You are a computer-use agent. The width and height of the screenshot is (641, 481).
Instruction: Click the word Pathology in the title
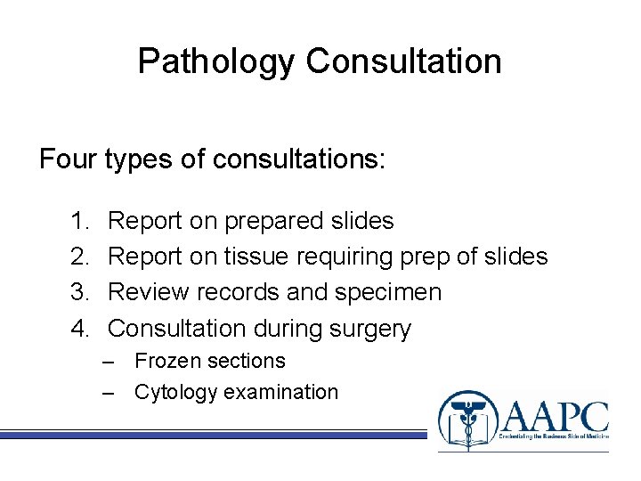coord(216,61)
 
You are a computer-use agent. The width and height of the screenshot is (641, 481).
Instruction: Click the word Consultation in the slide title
coord(403,61)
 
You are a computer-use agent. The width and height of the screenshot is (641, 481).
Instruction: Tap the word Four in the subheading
coord(69,159)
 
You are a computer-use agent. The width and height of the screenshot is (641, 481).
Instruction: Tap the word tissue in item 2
coord(259,257)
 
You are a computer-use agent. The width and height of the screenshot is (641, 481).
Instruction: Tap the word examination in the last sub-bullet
coord(280,392)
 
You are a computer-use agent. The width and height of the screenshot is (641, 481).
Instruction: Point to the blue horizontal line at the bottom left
coord(214,435)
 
